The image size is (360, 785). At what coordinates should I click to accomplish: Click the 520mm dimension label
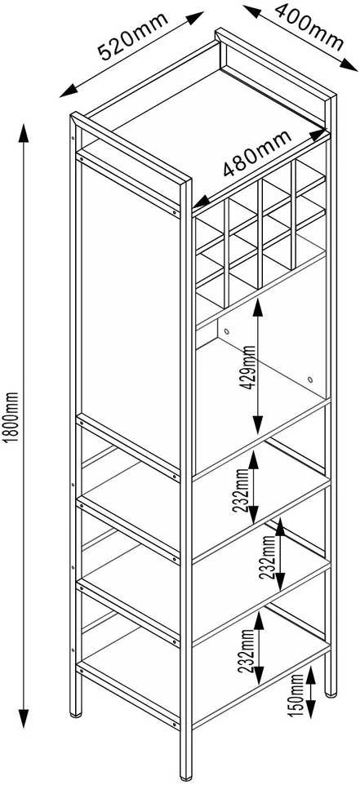click(133, 37)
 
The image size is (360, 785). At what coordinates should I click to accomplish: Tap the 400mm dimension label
click(309, 27)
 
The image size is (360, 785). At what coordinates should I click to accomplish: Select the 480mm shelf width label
click(257, 153)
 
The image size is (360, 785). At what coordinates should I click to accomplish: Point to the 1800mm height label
click(13, 416)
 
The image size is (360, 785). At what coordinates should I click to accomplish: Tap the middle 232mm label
click(269, 557)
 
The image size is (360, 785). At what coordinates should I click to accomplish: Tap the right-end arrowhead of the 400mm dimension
click(349, 65)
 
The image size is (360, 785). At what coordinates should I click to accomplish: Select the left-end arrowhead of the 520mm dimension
click(68, 91)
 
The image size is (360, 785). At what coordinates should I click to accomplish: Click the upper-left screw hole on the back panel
click(227, 331)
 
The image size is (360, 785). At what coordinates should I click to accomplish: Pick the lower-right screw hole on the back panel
click(310, 379)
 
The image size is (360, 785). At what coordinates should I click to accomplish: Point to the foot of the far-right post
click(331, 694)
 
